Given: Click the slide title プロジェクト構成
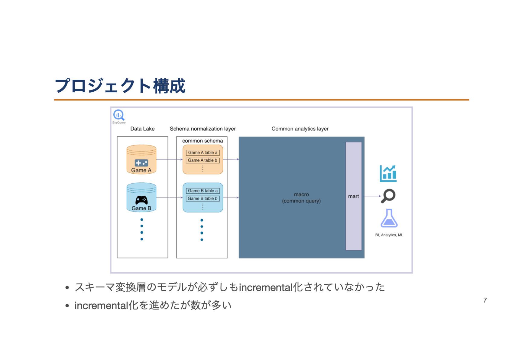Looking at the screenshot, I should [120, 86].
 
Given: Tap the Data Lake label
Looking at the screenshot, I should [142, 129].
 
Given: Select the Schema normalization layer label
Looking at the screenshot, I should [203, 129].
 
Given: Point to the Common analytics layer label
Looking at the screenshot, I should [300, 129].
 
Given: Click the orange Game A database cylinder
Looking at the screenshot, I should [141, 159].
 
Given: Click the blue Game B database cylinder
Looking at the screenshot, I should [141, 197].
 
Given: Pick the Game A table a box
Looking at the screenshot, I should [203, 152].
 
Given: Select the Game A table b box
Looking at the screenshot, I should [203, 160].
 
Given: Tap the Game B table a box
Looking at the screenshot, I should [203, 191].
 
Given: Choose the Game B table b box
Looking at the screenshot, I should [203, 198].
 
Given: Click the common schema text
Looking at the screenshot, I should [203, 141].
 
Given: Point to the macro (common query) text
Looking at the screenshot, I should [301, 198].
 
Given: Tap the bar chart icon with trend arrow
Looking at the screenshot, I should [388, 173].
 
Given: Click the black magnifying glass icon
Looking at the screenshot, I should [388, 196].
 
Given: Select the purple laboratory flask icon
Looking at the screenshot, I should [389, 218].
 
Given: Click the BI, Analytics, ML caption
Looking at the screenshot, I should [389, 235].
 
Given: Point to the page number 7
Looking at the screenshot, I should [485, 300].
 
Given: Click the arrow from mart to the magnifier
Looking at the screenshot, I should [372, 196].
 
